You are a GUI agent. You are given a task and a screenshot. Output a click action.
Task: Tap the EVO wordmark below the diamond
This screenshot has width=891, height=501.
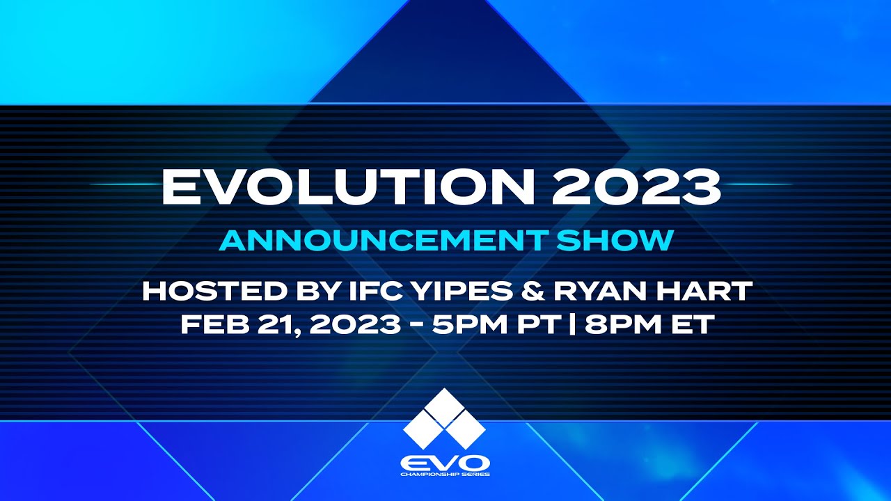pos(445,462)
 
